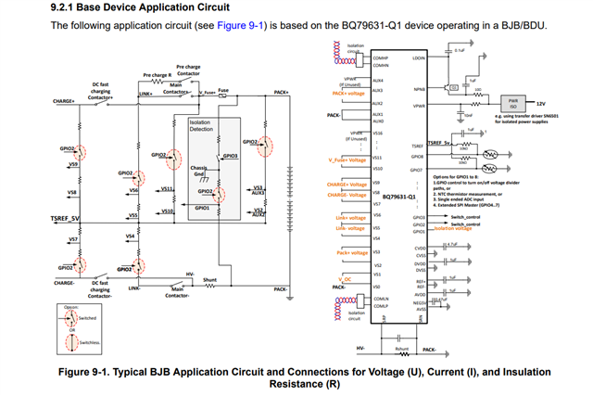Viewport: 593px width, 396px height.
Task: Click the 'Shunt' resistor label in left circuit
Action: click(x=209, y=278)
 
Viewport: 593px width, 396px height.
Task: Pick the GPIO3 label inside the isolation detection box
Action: click(x=230, y=158)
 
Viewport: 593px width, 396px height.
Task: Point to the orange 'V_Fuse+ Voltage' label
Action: click(x=345, y=160)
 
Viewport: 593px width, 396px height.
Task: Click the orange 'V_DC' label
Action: click(x=346, y=278)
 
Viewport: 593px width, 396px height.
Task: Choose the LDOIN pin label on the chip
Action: click(x=418, y=57)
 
